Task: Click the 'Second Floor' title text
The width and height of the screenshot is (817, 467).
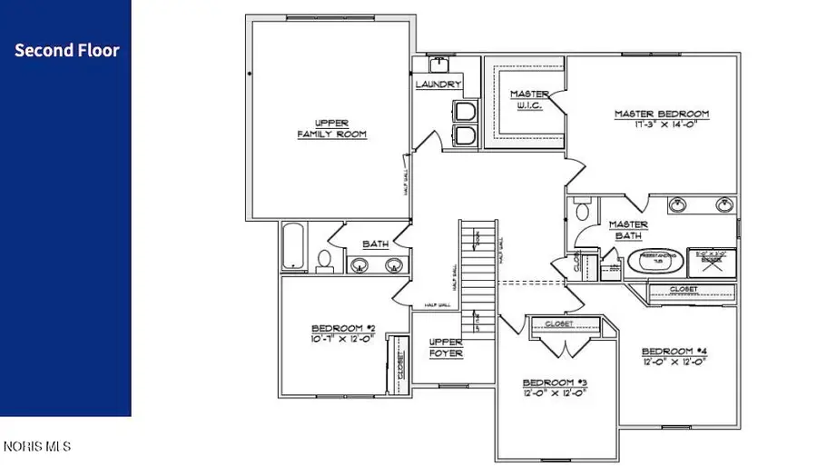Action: [x=66, y=51]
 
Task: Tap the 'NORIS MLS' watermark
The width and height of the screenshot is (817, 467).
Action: [x=36, y=446]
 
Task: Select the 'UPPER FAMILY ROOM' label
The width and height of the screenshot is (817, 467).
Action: [x=332, y=128]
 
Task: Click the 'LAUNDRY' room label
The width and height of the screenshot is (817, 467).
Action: [x=439, y=84]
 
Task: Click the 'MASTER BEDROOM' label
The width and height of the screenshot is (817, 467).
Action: [x=661, y=114]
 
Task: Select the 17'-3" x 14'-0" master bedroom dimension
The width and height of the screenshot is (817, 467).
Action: [x=661, y=125]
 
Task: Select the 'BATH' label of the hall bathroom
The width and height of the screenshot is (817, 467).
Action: [x=375, y=244]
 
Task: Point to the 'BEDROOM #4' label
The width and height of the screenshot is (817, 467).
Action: [x=674, y=351]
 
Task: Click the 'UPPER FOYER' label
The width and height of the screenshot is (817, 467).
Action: [x=446, y=348]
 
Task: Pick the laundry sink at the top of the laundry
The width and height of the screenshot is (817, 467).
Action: [x=438, y=65]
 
